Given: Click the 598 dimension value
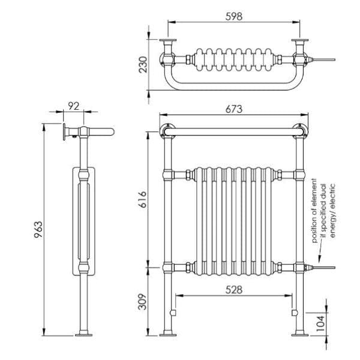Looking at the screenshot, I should tap(233, 17).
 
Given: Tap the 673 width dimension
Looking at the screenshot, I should tap(233, 109).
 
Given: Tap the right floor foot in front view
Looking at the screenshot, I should tap(298, 332).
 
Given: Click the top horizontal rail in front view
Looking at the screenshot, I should tap(233, 130).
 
